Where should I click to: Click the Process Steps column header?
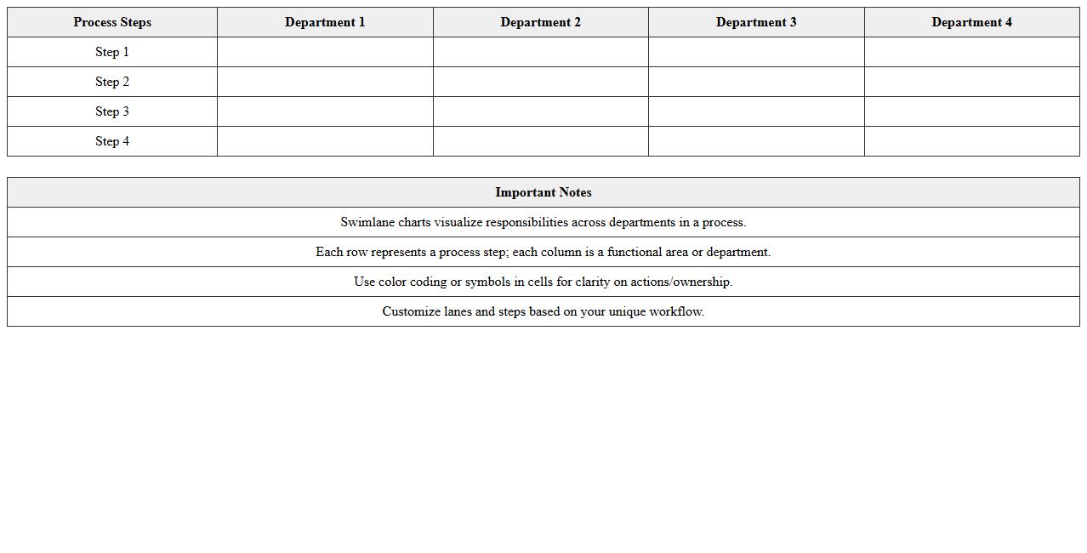[x=112, y=22]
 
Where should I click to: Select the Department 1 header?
[x=325, y=22]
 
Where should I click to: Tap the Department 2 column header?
[x=540, y=22]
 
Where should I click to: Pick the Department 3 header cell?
[x=756, y=22]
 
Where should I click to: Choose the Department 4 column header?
[x=971, y=22]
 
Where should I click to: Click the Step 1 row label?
[x=112, y=52]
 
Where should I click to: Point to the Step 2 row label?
[x=112, y=82]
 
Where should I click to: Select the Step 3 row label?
[x=112, y=111]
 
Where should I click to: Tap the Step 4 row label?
[x=112, y=141]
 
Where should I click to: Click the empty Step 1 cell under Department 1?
[x=325, y=52]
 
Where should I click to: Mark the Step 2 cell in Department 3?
[x=756, y=82]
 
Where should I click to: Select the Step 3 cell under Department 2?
[x=540, y=111]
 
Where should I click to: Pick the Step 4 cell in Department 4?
[x=971, y=141]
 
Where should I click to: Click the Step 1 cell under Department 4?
[x=971, y=52]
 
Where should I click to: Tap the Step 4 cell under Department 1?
[x=325, y=141]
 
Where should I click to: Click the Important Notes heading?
[x=543, y=192]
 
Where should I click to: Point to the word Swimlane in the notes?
[x=367, y=222]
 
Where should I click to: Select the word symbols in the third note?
[x=487, y=282]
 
